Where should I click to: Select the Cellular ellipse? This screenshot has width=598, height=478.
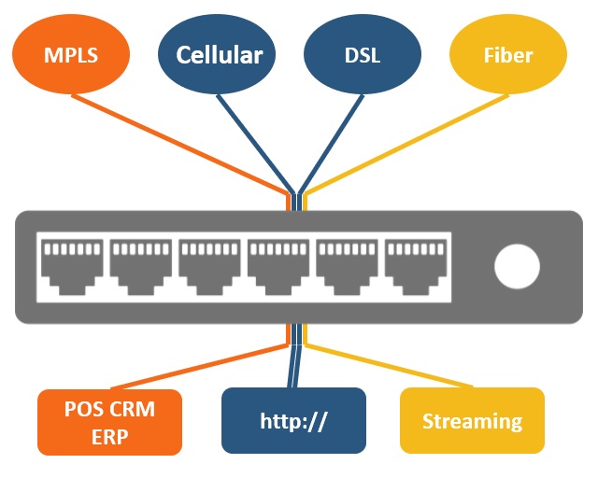pyautogui.click(x=219, y=54)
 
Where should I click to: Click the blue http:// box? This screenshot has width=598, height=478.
pyautogui.click(x=293, y=420)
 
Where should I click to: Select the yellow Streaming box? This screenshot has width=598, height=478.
pyautogui.click(x=472, y=420)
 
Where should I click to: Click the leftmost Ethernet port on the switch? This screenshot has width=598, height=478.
pyautogui.click(x=71, y=267)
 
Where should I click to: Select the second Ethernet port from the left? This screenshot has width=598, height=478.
pyautogui.click(x=140, y=267)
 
